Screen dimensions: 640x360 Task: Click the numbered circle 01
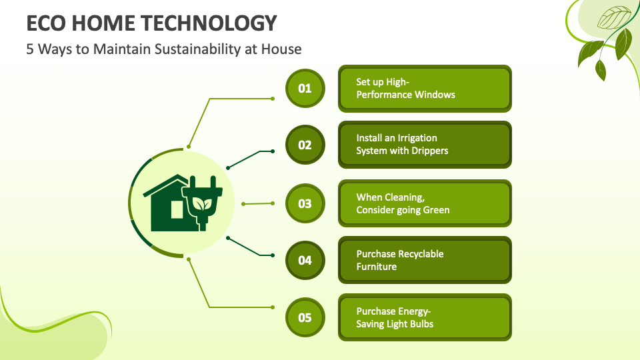point(305,89)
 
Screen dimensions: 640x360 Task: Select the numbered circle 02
point(305,145)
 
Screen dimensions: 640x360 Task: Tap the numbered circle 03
point(305,203)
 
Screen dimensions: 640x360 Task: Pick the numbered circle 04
point(305,260)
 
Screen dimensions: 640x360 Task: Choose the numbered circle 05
point(305,317)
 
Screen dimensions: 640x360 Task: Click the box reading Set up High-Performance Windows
point(425,89)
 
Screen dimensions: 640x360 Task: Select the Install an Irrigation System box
point(425,145)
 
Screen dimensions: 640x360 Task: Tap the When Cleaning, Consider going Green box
point(425,203)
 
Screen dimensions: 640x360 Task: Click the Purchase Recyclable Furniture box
point(425,260)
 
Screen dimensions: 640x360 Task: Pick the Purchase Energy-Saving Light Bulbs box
point(425,317)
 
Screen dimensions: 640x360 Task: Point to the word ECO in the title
point(46,23)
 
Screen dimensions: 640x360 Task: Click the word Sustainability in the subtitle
point(197,49)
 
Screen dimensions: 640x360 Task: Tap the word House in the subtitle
point(281,49)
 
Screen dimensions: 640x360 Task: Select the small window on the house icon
point(177,209)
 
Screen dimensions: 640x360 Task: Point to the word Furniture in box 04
point(376,267)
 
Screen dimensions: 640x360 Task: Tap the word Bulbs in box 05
point(423,324)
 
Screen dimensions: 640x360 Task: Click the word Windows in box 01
point(435,95)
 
